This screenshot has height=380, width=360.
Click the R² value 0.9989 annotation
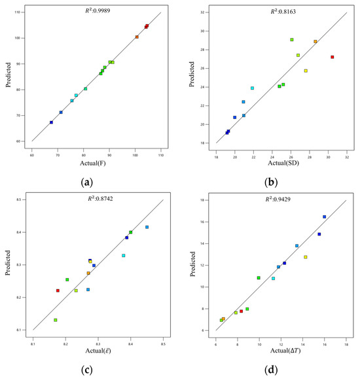(x=98, y=10)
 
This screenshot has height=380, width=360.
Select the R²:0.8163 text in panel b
(x=283, y=12)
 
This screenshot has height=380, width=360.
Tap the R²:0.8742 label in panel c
(x=100, y=199)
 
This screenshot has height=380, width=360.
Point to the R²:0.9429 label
(x=278, y=199)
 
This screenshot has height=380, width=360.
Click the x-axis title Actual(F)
(x=93, y=163)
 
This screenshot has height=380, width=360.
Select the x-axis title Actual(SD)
(x=283, y=163)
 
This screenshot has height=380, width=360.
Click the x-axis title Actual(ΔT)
(x=285, y=351)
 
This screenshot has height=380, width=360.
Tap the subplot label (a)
(x=86, y=182)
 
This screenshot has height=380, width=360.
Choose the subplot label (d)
(x=271, y=370)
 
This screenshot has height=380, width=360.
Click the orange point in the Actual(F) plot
(x=137, y=37)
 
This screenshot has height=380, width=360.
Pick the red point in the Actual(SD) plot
(x=333, y=57)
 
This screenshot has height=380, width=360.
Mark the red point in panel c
(x=58, y=290)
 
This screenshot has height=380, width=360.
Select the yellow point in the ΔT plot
(x=306, y=257)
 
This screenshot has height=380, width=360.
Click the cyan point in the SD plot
(x=252, y=88)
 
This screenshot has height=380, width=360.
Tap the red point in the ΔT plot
(x=241, y=311)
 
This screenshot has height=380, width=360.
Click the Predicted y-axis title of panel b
(x=192, y=74)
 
